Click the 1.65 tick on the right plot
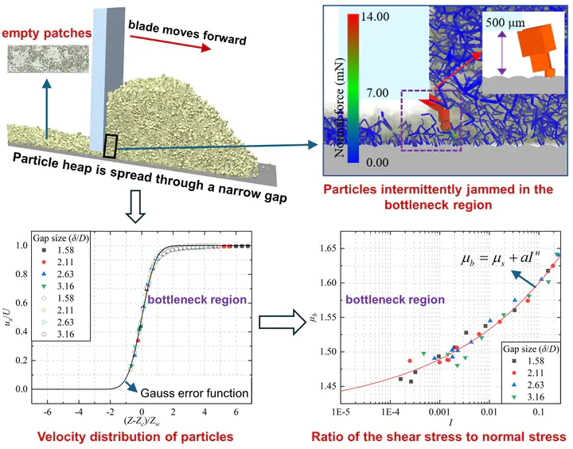coord(328,248)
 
